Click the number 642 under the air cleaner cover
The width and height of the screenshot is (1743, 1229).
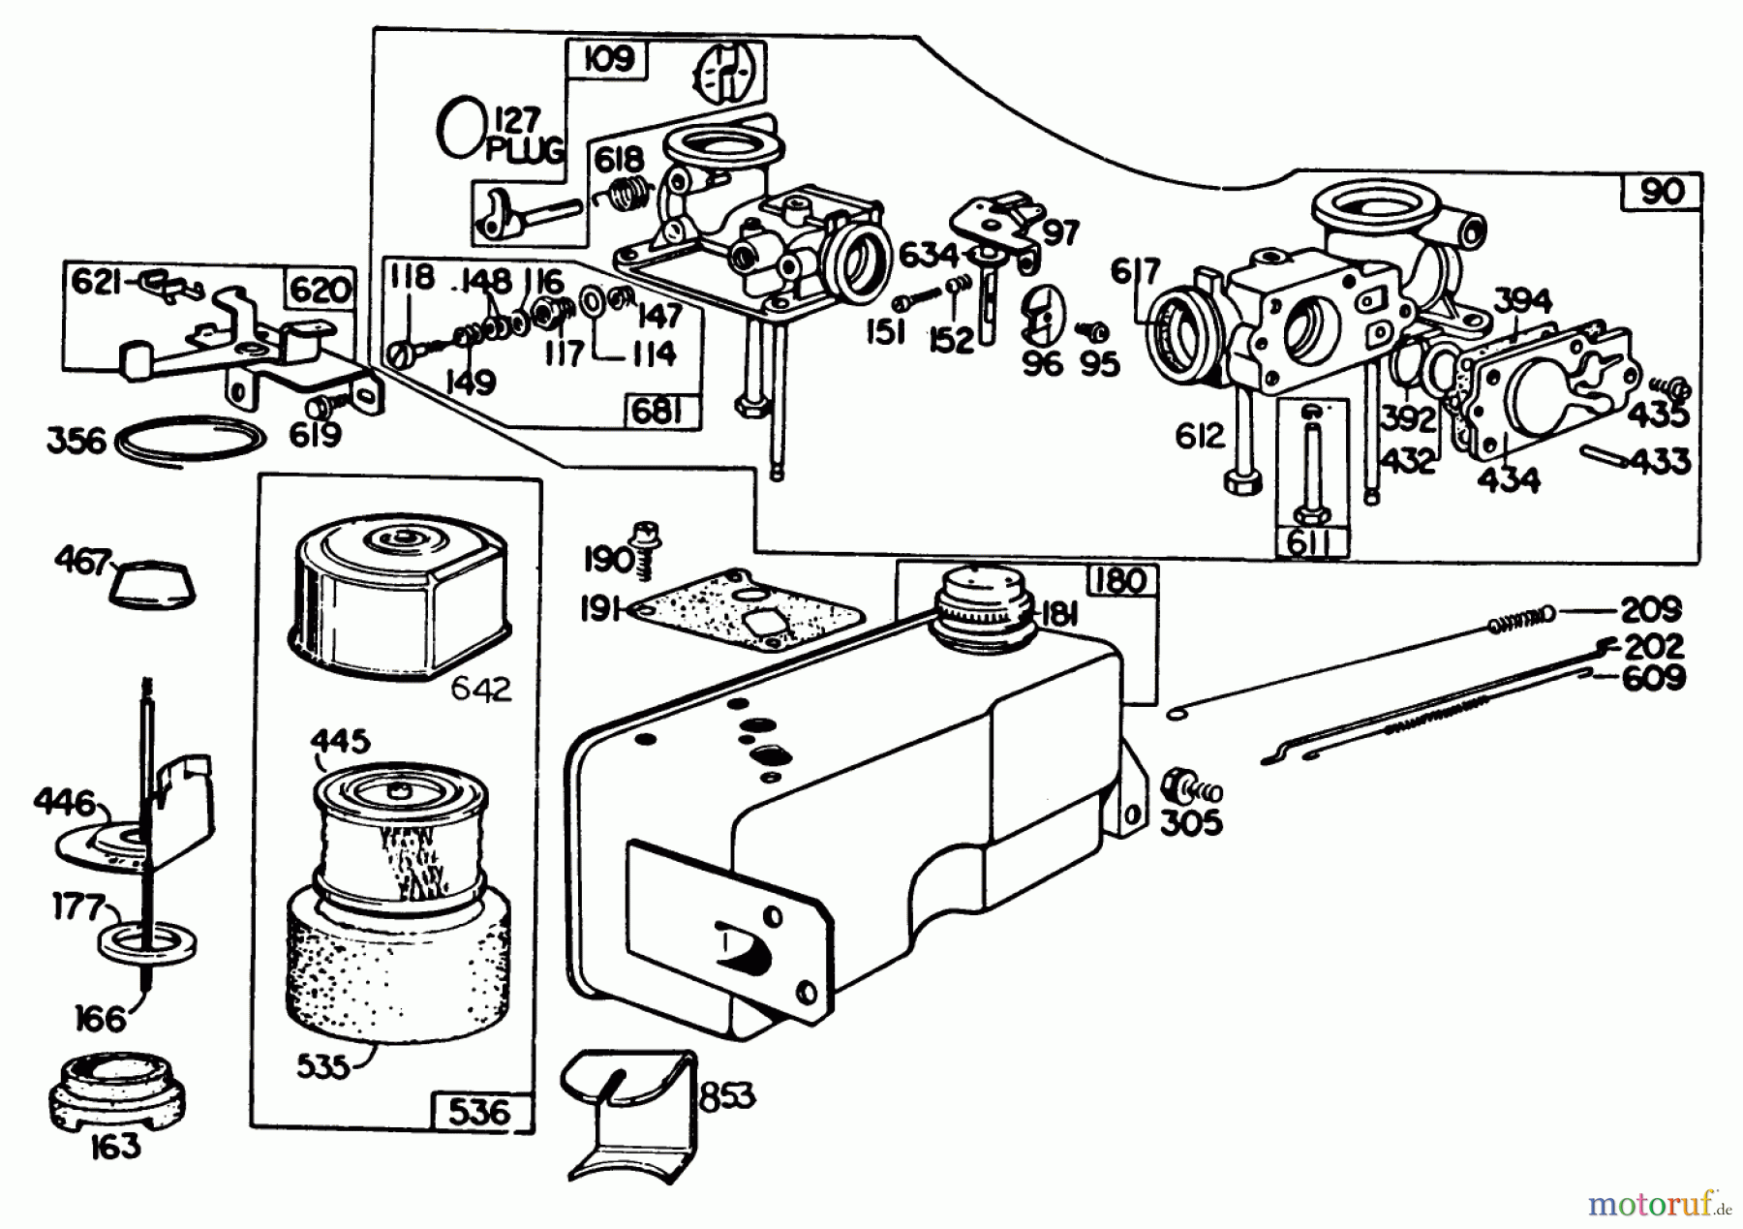(481, 690)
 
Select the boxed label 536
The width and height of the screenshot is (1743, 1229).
(480, 1111)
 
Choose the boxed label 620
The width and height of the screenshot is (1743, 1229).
(320, 289)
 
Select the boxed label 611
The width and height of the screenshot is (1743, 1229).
(1309, 542)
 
